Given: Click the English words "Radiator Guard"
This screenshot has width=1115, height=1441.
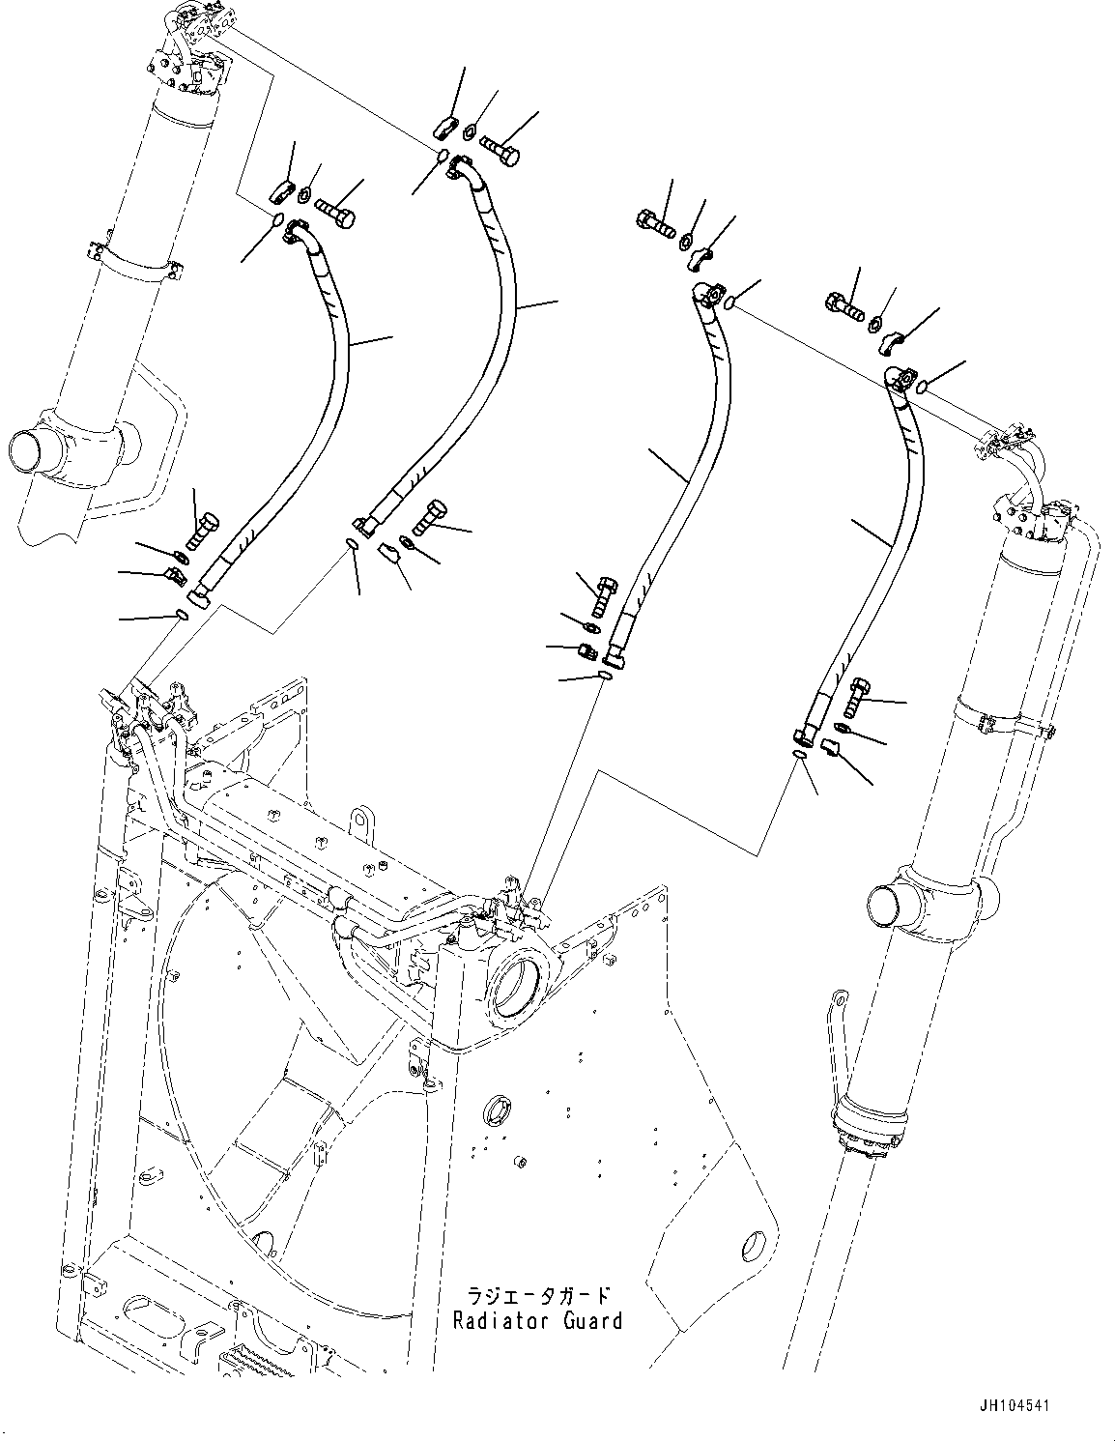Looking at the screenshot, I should (538, 1320).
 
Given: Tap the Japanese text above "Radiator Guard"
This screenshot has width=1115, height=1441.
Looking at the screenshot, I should (538, 1295).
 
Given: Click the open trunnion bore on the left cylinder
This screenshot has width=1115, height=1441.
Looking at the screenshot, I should (29, 451).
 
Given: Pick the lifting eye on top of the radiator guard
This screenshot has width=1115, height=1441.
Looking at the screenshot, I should (361, 820).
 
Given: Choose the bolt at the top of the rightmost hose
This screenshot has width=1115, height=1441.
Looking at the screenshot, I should (845, 306).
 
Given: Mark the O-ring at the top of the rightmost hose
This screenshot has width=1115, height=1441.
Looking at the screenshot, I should (922, 388).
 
